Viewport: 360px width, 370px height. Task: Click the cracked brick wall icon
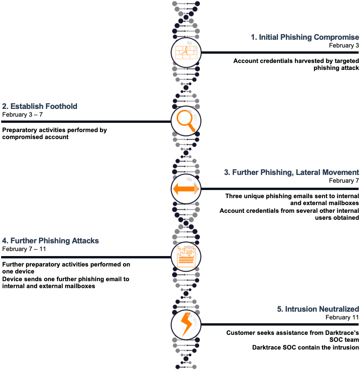point(186,53)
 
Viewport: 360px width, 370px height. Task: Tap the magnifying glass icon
point(186,121)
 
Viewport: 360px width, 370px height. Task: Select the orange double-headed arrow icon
point(186,189)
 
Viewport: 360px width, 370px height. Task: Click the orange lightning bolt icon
point(186,324)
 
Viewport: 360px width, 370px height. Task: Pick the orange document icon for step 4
point(186,256)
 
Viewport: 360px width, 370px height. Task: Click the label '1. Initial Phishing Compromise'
point(305,37)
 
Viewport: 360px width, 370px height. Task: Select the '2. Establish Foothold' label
point(40,106)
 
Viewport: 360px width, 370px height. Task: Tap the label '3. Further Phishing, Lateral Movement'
point(292,172)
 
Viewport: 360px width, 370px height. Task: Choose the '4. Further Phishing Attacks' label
point(50,241)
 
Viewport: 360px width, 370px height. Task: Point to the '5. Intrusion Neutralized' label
point(318,309)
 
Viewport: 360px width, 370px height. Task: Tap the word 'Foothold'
point(61,106)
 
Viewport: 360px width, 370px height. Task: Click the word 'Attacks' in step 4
point(85,241)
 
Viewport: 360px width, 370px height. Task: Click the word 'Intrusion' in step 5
point(300,309)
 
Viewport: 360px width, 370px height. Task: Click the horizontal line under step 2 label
point(85,121)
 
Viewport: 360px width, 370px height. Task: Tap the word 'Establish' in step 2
point(27,106)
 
